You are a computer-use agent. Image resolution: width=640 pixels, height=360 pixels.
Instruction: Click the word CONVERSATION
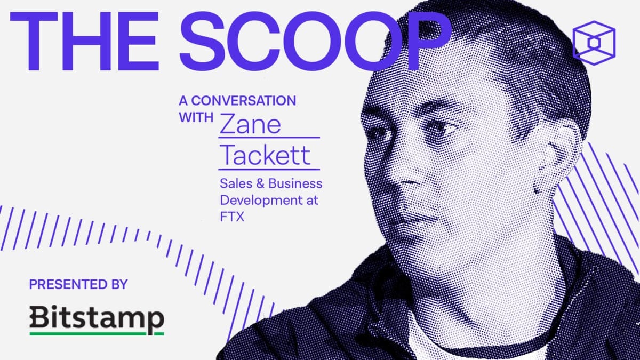(x=244, y=101)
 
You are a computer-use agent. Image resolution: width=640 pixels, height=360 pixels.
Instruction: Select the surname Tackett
(x=265, y=156)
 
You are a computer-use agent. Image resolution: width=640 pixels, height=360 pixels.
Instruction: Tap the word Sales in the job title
(x=236, y=184)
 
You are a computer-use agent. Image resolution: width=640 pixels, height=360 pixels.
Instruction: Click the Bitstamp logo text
(x=97, y=318)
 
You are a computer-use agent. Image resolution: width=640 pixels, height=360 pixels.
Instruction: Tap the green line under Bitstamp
(x=97, y=333)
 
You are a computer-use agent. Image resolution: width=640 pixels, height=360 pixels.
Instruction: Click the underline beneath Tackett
(x=269, y=169)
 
